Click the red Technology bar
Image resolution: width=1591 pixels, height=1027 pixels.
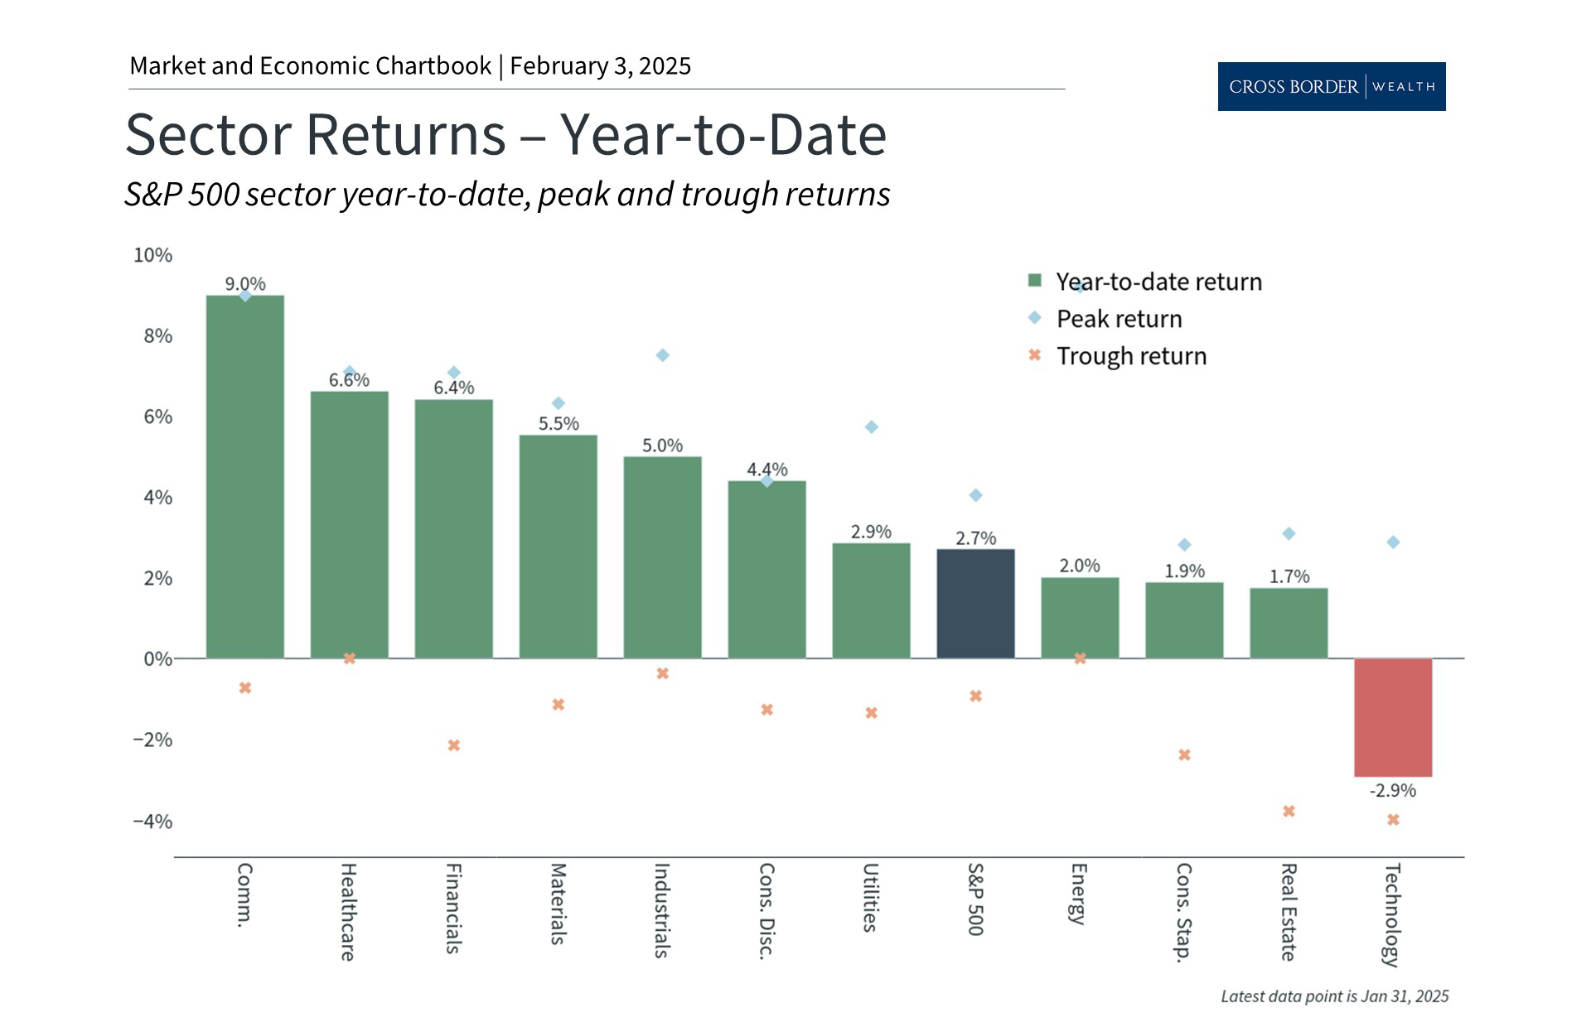[1393, 717]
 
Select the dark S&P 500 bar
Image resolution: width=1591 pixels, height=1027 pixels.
[975, 604]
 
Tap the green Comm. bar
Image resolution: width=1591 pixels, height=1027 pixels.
[244, 477]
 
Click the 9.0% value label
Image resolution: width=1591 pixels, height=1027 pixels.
[245, 284]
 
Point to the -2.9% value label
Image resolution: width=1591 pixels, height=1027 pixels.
[1393, 791]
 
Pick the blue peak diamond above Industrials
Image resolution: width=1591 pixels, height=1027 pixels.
[663, 355]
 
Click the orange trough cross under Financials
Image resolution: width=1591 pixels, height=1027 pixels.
[454, 745]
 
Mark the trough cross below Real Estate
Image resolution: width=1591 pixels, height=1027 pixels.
[1289, 811]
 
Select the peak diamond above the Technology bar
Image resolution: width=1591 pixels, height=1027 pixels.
[1393, 542]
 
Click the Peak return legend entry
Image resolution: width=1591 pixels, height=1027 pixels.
[1119, 319]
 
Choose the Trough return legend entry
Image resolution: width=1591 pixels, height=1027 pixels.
[1131, 356]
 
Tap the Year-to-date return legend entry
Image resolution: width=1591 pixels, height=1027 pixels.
[1158, 282]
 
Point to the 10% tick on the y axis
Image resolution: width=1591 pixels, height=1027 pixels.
[153, 255]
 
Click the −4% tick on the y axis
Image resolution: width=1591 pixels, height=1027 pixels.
[153, 822]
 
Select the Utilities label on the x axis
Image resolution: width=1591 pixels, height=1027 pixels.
[870, 898]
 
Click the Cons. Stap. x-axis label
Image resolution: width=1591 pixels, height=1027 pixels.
[1183, 912]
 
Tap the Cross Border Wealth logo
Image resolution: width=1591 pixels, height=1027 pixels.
[1331, 86]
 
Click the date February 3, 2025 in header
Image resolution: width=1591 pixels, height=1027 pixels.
[600, 66]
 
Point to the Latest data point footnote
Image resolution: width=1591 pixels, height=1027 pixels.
[1334, 996]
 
